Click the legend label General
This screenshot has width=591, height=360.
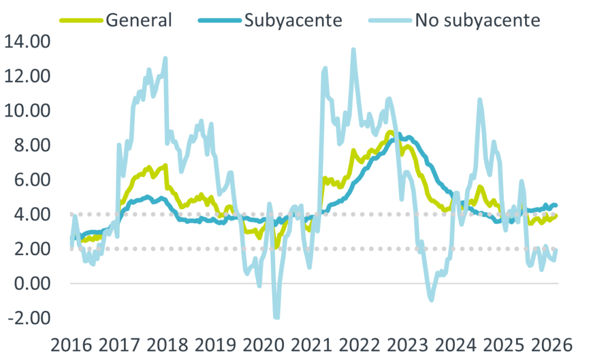139,20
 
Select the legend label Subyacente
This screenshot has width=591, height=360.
293,20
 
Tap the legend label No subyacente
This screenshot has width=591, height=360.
477,20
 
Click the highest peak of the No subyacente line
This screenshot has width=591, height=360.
354,49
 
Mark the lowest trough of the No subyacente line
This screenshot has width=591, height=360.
276,317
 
